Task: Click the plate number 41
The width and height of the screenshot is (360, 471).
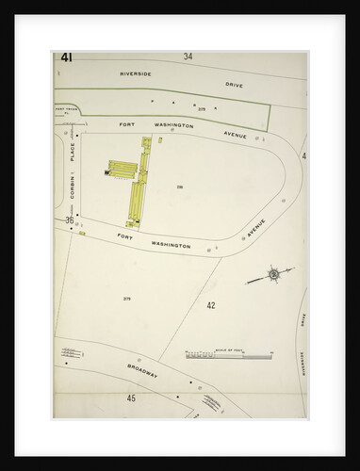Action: click(x=66, y=57)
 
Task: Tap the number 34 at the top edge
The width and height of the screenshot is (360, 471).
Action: click(x=188, y=57)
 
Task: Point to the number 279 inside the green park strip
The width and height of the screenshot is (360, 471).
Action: click(x=201, y=110)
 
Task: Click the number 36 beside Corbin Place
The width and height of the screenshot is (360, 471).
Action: click(x=69, y=220)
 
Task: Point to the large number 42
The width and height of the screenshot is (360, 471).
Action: click(x=210, y=305)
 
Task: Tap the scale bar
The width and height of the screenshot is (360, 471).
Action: click(x=226, y=355)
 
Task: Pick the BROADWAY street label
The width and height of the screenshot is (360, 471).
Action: click(x=140, y=370)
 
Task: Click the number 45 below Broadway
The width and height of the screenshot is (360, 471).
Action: click(x=131, y=398)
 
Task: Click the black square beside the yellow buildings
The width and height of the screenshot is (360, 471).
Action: click(x=108, y=172)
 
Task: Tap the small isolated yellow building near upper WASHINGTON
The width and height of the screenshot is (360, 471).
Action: click(x=160, y=139)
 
